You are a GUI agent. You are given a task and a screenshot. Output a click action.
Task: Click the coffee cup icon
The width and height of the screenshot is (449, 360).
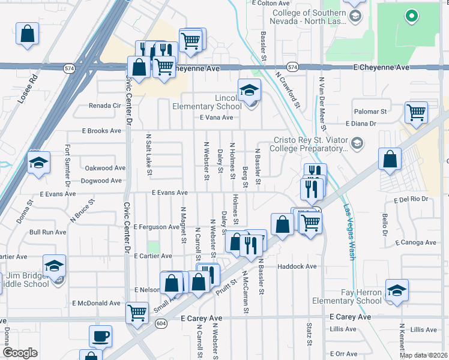click(x=100, y=335)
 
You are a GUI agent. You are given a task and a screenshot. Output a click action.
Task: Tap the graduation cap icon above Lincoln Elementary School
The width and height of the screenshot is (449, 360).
click(x=249, y=91)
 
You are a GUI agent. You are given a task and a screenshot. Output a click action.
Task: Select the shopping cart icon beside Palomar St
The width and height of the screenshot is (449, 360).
click(x=415, y=112)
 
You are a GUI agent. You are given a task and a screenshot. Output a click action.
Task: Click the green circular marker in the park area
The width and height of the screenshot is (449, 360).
click(x=411, y=16)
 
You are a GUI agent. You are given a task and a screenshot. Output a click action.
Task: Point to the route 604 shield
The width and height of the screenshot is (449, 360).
click(x=161, y=323)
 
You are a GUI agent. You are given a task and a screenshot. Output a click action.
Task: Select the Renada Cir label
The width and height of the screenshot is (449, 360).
click(x=105, y=106)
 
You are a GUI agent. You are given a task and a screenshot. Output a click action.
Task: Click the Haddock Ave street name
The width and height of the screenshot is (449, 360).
click(x=297, y=266)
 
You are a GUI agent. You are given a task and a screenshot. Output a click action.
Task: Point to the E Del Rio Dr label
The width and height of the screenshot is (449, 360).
click(x=412, y=199)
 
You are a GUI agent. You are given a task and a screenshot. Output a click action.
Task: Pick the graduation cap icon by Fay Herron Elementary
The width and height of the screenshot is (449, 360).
click(x=397, y=290)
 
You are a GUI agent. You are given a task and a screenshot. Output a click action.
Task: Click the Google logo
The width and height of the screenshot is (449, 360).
click(x=20, y=352)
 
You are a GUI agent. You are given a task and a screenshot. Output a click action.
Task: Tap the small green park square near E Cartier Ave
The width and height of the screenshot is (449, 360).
click(x=154, y=247)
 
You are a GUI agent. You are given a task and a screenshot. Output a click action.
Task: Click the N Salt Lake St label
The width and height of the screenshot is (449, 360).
click(x=149, y=156)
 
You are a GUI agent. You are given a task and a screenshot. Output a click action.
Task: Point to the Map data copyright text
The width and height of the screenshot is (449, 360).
click(x=423, y=355)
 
